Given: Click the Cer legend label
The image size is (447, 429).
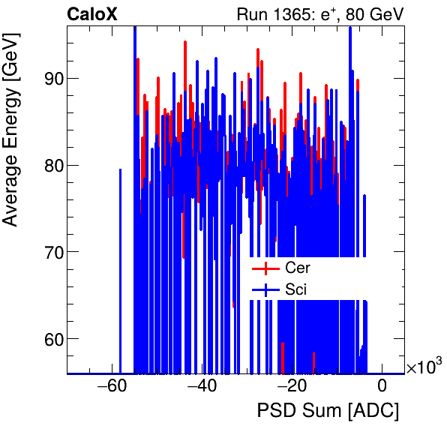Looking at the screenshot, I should [x=298, y=268].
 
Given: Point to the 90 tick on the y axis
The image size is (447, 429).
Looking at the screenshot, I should [x=50, y=79].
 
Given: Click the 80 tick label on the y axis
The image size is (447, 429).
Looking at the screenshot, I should [x=50, y=165].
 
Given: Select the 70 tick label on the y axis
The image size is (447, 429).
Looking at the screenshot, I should [x=50, y=252].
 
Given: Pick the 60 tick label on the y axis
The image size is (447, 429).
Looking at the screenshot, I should [x=50, y=339].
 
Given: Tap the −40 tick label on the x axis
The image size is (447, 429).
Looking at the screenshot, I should [x=202, y=386].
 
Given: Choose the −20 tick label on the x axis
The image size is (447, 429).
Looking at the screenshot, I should [x=292, y=386].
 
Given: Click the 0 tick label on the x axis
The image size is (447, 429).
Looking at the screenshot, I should [x=382, y=386].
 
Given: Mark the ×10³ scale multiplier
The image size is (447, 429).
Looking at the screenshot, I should [x=423, y=367].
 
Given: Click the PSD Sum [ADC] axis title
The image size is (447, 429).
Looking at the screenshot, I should [x=328, y=411].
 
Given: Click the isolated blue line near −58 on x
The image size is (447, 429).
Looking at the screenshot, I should [x=120, y=270].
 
